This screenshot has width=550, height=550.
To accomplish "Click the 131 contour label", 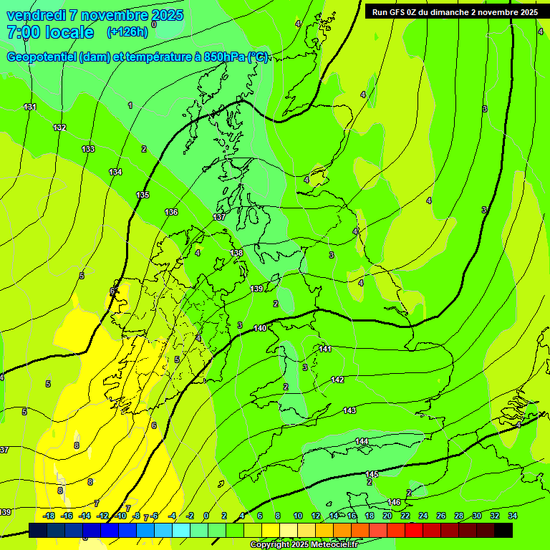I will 29,107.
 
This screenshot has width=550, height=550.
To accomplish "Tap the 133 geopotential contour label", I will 87,149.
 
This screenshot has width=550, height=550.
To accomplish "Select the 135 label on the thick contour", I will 143,195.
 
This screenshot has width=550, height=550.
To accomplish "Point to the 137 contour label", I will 219,217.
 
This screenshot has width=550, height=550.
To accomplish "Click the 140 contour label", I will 260,327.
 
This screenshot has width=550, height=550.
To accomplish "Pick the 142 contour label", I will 337,380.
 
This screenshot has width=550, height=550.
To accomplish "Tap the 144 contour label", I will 362,441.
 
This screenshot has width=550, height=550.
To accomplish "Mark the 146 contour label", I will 394,502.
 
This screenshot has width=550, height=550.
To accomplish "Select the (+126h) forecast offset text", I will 127,32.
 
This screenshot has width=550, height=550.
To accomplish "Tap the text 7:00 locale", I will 50,32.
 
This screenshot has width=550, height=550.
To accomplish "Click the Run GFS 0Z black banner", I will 455,12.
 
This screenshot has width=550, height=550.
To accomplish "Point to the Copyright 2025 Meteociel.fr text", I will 304,545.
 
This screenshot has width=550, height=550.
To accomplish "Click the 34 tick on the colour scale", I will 512,516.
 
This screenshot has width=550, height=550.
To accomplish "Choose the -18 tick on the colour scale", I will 49,516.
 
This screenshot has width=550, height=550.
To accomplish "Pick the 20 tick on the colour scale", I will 387,516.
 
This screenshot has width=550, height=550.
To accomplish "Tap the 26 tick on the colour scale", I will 440,516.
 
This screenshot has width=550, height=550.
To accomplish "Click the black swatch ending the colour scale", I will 503,530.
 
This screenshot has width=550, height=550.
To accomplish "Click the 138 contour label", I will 236,253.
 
